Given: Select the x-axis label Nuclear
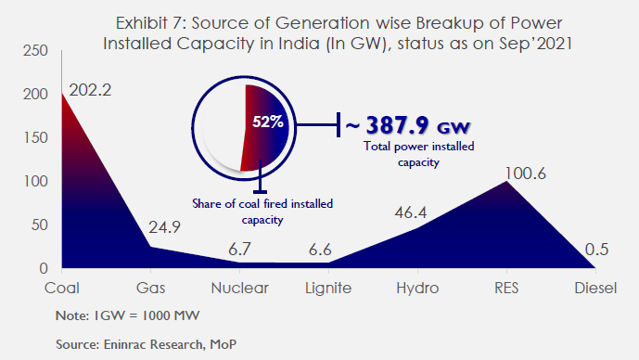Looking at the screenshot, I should click(239, 288).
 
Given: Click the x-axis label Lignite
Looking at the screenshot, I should click(327, 288).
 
